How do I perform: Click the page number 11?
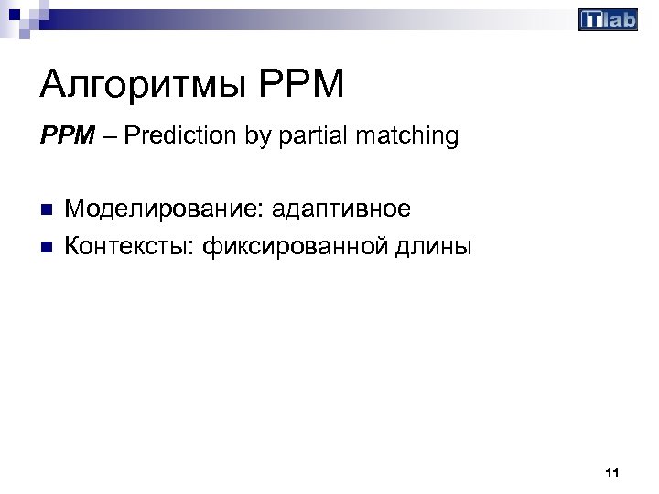tap(612, 473)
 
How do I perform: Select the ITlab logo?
tap(608, 20)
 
